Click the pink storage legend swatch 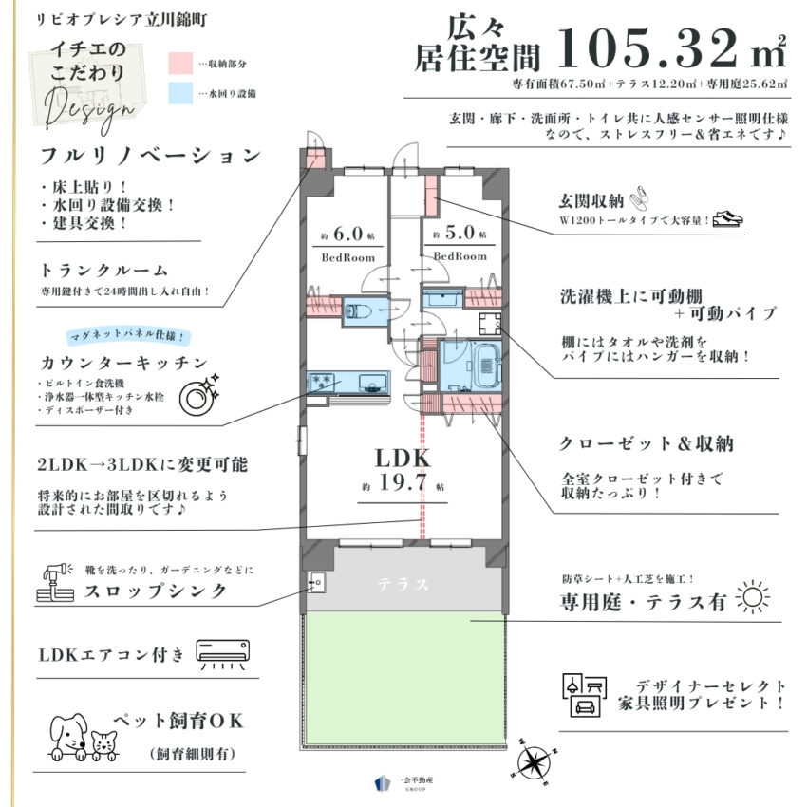click(181, 64)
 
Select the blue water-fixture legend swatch click(181, 93)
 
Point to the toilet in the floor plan click(360, 310)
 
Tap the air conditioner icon click(226, 654)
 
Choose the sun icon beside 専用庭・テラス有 click(754, 598)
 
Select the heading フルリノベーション click(149, 156)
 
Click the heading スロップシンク click(153, 591)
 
